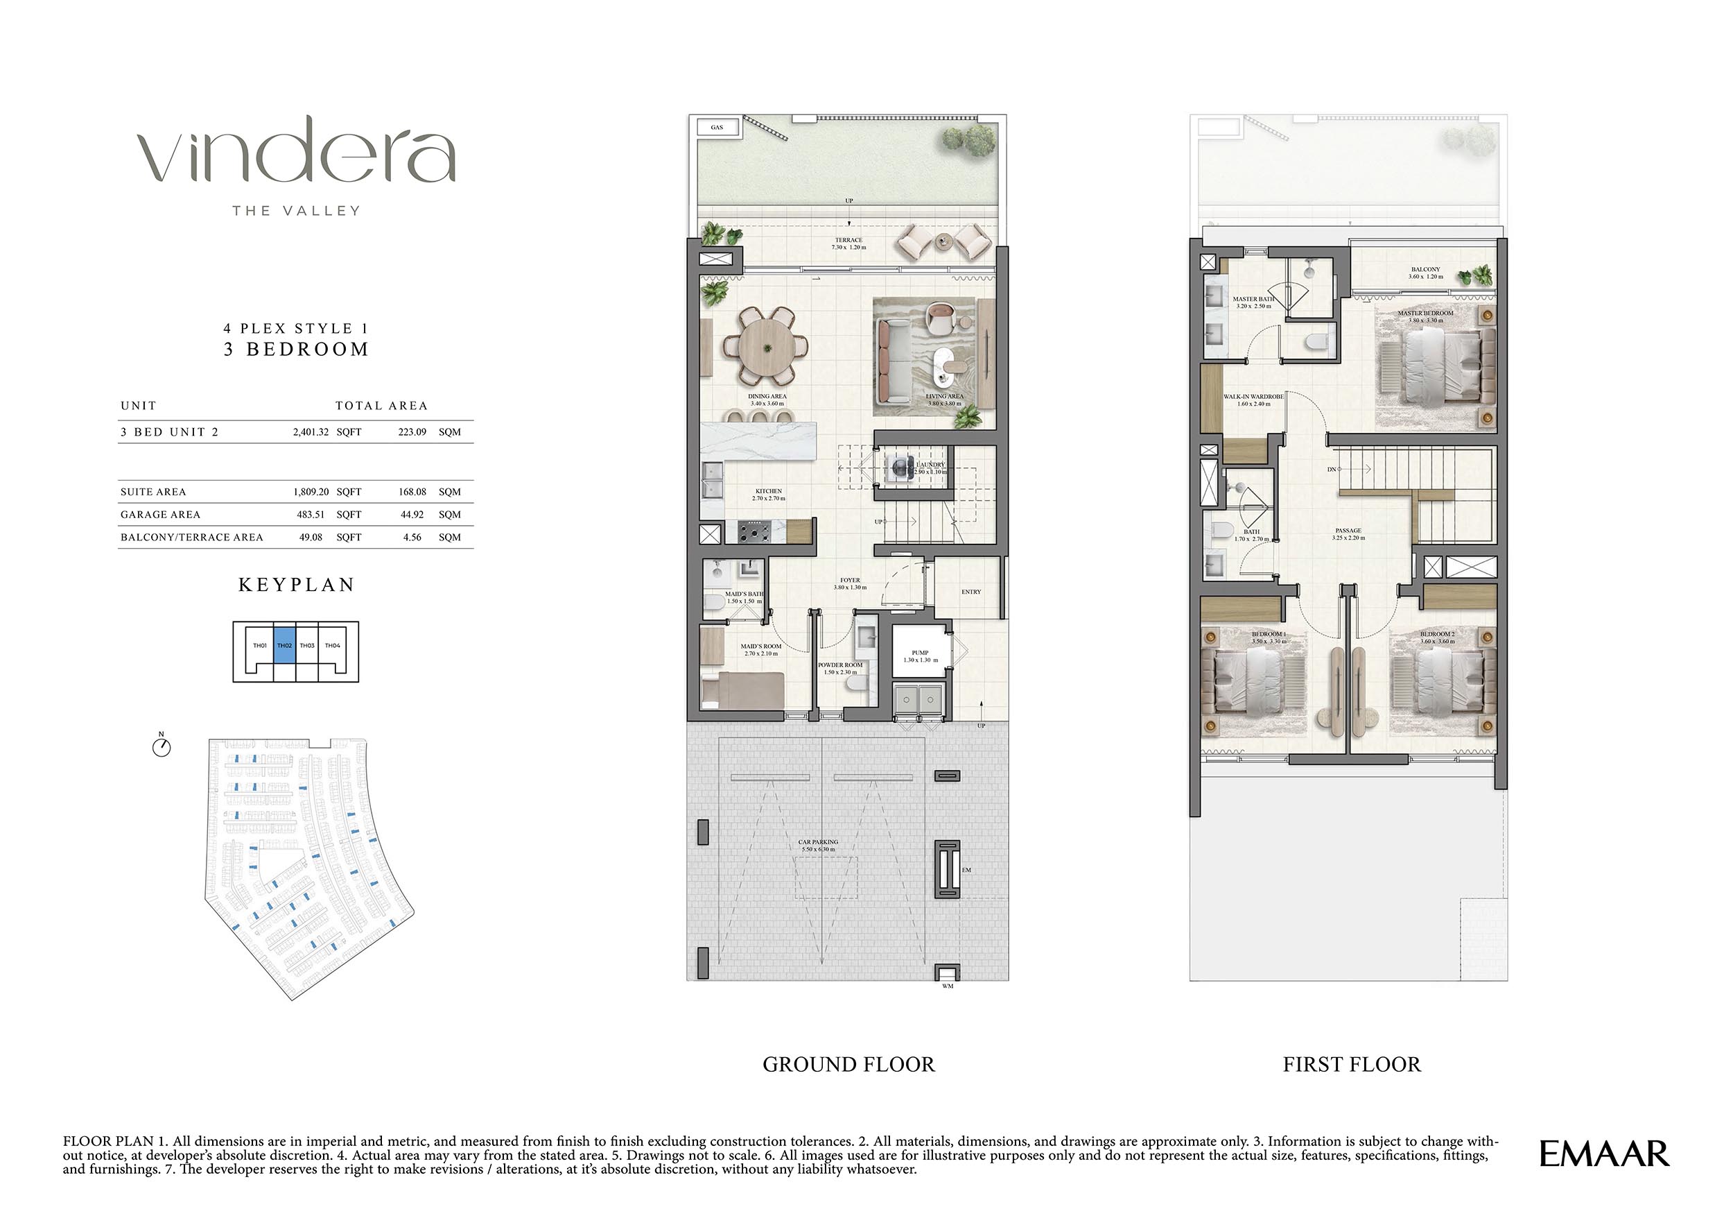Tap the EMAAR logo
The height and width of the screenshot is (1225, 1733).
[x=1604, y=1155]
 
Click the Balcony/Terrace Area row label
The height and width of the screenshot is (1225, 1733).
[x=192, y=537]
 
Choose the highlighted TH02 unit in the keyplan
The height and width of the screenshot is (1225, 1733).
[x=284, y=646]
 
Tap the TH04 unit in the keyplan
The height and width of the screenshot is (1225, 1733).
[x=333, y=646]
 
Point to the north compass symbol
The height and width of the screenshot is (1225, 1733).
[x=162, y=747]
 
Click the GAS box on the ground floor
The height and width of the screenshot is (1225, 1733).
[x=716, y=128]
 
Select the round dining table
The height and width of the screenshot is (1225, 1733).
[x=766, y=348]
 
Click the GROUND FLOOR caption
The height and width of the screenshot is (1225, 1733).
[x=848, y=1064]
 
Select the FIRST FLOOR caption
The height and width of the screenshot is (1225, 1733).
[x=1351, y=1064]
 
